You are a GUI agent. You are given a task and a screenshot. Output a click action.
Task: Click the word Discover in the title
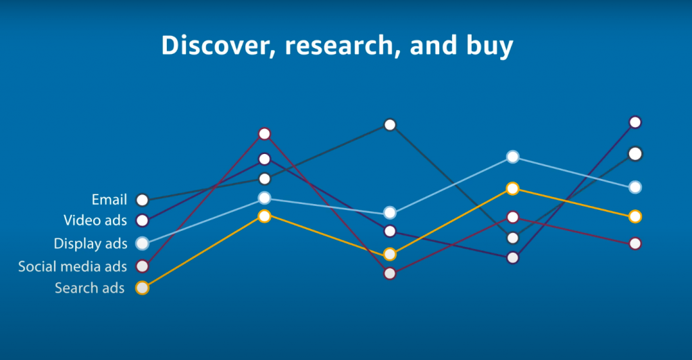[x=215, y=45]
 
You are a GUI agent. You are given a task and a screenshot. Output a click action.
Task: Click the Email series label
[x=109, y=200]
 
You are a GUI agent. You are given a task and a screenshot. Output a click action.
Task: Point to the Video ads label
[x=95, y=220]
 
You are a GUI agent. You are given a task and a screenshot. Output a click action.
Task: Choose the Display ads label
[x=91, y=244]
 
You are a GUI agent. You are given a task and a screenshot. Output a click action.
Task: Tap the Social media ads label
[x=72, y=267]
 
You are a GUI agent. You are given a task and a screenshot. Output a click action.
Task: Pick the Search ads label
[x=90, y=288]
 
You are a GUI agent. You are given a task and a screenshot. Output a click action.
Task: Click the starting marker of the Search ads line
[x=142, y=288]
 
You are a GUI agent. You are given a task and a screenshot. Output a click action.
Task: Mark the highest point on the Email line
[x=390, y=125]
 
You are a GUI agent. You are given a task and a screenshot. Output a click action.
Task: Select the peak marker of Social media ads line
[x=264, y=134]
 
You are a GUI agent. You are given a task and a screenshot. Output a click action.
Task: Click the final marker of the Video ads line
[x=635, y=122]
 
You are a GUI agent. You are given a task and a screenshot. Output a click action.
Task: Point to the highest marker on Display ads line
[x=512, y=157]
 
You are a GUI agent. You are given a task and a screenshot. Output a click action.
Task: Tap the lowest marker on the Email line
[x=512, y=238]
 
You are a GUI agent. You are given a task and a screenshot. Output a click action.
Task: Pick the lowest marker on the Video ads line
[x=512, y=257]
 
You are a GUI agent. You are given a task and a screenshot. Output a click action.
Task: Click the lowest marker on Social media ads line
[x=390, y=274]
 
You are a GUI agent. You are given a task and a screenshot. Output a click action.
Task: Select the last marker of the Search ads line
[x=635, y=217]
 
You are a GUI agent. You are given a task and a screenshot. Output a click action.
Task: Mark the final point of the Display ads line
[x=635, y=187]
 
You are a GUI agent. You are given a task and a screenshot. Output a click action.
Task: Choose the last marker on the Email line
[x=635, y=154]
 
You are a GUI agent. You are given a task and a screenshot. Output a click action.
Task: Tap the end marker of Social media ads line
[x=635, y=244]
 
